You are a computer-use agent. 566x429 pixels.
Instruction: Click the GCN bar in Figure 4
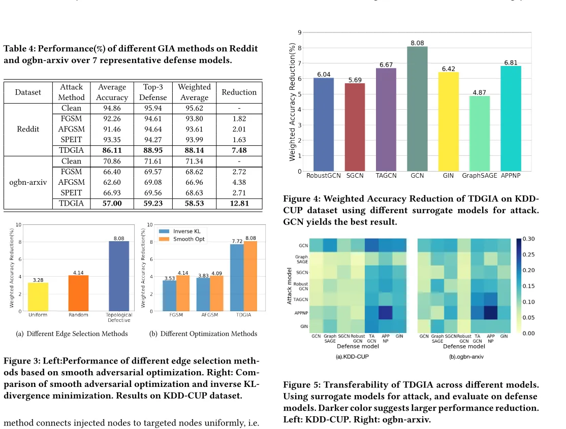[417, 109]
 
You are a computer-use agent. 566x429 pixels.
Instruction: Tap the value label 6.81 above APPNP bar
[511, 62]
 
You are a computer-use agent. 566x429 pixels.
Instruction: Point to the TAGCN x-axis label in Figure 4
[386, 175]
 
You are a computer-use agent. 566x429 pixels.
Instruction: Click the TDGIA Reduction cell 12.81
[239, 204]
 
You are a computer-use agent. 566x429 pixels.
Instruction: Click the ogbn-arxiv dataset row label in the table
[28, 182]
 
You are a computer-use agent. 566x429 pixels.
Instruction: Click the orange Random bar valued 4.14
[78, 293]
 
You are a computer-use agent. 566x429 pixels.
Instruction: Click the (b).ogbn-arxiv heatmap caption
[466, 357]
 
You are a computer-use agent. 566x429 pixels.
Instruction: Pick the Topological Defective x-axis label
[119, 317]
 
